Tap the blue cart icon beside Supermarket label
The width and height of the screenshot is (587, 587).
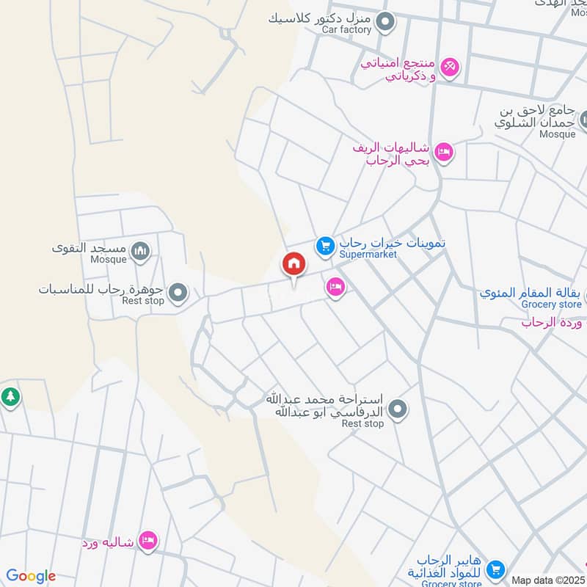[325, 247]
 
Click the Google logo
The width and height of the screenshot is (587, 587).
[31, 576]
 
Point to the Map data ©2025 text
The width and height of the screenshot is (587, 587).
[548, 580]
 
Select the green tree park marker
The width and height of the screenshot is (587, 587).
[10, 397]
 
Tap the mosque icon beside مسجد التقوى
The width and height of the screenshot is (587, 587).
[141, 253]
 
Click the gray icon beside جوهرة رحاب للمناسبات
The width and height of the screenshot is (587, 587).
[177, 295]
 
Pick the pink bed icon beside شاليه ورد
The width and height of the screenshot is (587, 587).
[149, 542]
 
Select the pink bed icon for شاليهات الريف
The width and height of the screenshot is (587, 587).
[444, 153]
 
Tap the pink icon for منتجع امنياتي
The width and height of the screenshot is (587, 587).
[450, 67]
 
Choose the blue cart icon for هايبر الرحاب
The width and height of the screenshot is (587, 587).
[496, 568]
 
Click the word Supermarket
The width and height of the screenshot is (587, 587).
[368, 254]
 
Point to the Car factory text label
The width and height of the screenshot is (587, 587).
[345, 30]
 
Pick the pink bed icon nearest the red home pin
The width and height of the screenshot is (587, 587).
[335, 287]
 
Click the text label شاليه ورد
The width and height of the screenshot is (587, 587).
[109, 543]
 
